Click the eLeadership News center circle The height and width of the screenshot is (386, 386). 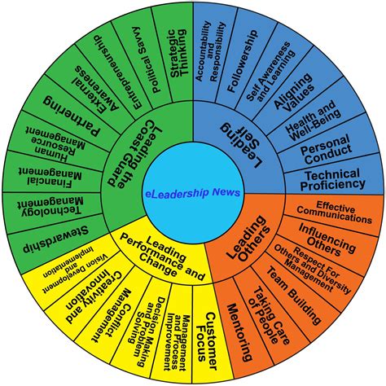pos(193,191)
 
